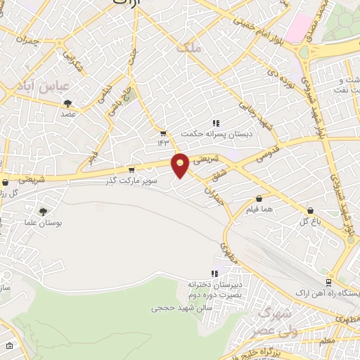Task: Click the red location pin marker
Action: coord(181,165)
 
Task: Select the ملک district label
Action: coord(190,48)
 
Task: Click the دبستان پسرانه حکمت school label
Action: coord(207,133)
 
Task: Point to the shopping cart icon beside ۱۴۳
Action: coord(163,133)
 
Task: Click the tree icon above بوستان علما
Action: coord(44,212)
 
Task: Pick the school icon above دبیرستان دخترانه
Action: coord(214,273)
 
